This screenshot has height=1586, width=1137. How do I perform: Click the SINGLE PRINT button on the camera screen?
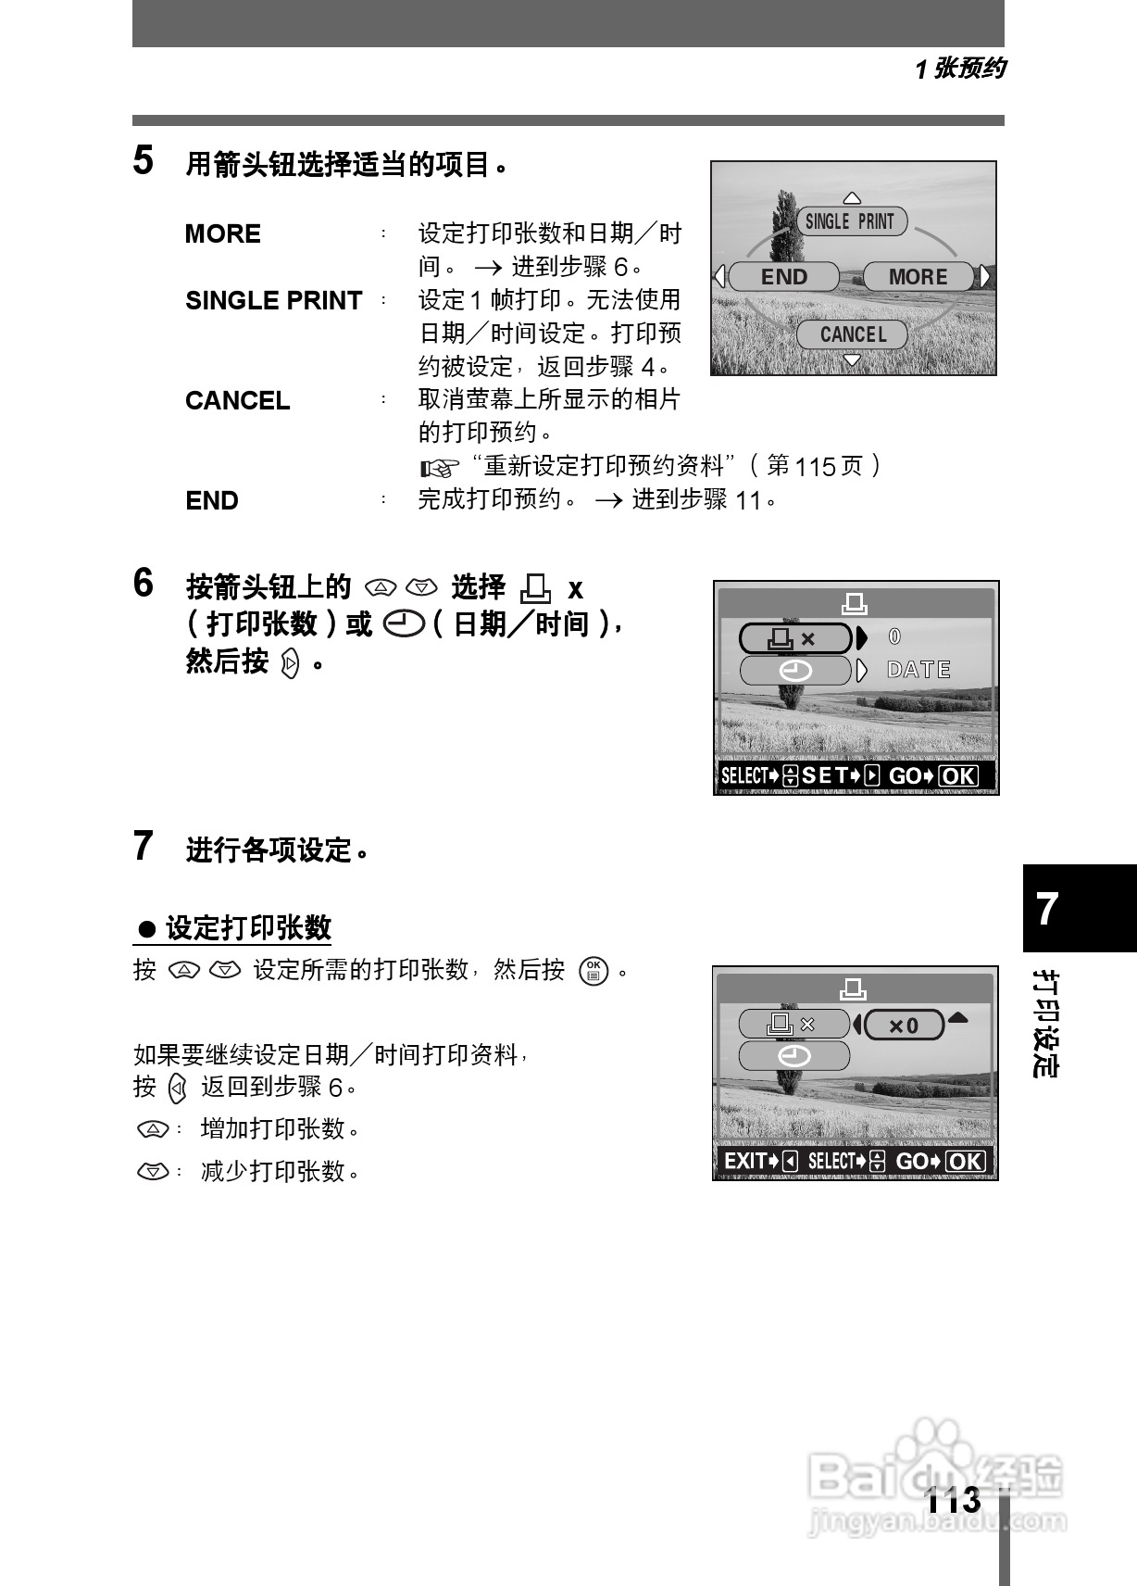[851, 221]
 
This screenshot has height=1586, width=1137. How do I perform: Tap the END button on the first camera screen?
[783, 277]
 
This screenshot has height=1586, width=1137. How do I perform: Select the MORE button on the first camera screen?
[918, 277]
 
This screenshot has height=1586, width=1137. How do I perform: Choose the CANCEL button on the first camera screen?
[852, 334]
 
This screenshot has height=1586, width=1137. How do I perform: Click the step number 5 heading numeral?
[144, 161]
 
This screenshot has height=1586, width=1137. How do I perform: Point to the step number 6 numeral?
[144, 584]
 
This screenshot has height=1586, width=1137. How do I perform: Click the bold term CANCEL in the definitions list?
[237, 400]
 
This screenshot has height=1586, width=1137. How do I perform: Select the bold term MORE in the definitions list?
[222, 233]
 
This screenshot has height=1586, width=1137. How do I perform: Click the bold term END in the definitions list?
[212, 500]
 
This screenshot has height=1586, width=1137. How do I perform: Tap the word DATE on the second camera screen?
[918, 670]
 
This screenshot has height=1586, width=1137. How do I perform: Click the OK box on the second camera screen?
[958, 776]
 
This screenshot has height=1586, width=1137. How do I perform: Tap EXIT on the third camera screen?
[745, 1161]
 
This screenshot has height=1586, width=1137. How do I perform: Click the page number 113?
[953, 1499]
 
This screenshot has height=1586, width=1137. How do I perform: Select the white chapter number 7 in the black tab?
[1047, 910]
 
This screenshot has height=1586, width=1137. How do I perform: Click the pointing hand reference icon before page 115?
[440, 467]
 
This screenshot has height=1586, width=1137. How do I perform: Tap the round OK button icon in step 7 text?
[593, 971]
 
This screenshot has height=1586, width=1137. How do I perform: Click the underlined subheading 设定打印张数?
[248, 927]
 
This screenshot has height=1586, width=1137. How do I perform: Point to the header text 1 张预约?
[959, 69]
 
